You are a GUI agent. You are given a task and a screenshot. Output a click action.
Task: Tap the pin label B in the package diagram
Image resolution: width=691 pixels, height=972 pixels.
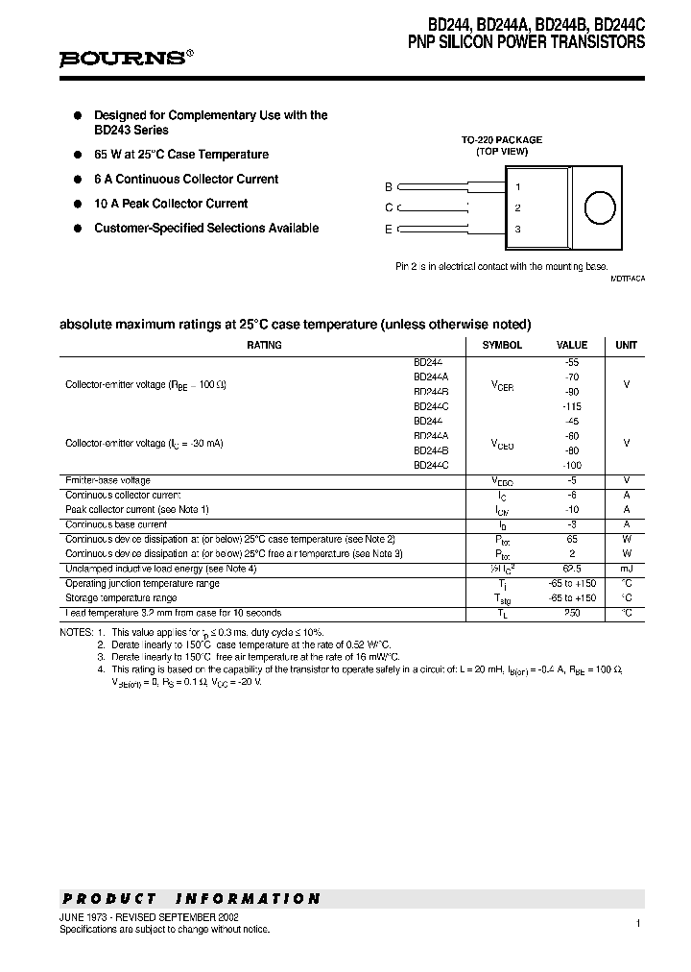pos(389,187)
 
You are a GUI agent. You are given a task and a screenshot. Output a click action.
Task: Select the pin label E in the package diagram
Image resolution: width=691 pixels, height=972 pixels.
pos(389,229)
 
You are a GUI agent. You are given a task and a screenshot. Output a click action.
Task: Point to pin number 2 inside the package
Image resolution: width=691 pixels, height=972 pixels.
pos(518,207)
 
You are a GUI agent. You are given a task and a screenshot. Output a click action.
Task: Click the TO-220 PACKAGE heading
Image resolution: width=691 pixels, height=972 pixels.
pos(502,139)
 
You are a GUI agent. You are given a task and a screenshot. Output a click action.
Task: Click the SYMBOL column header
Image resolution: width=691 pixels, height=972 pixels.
pos(502,345)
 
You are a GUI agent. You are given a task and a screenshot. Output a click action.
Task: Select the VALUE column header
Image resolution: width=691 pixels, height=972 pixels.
pos(572,345)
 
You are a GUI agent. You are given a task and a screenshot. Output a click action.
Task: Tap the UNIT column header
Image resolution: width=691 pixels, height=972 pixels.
pos(626,345)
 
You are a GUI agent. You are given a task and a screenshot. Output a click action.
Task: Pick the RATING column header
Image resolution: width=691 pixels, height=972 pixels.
pos(264,345)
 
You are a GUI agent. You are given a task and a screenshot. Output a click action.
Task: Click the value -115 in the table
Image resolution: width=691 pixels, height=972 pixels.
pos(572,406)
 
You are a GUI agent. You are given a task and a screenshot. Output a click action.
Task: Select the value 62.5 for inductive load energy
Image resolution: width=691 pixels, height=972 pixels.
pos(572,569)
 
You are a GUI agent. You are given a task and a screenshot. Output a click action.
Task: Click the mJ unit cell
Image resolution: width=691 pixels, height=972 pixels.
pos(626,569)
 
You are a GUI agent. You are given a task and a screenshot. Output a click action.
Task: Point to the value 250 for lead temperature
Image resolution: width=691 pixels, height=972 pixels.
pos(572,613)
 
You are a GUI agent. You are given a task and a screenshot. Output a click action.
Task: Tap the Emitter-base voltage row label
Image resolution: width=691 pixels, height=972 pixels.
pos(107,480)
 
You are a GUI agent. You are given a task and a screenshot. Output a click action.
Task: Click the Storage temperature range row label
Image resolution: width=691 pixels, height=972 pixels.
pos(121,597)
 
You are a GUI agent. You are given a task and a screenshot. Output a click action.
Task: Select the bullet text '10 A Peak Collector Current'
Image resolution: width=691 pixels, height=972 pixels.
pos(171,204)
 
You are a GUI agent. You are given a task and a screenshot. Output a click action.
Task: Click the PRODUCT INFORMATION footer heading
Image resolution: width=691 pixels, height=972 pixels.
pos(191,899)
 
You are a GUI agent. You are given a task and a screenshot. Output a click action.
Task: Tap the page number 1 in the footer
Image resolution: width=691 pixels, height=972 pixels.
pos(637,923)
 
